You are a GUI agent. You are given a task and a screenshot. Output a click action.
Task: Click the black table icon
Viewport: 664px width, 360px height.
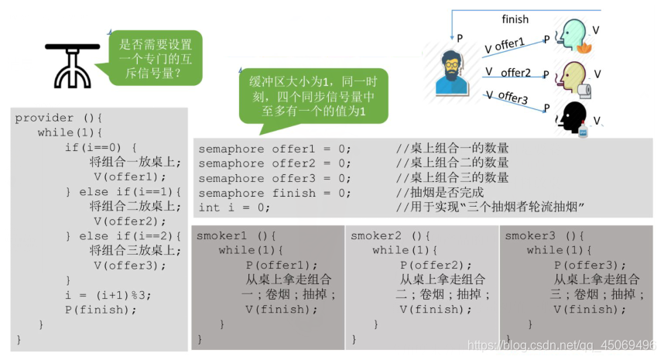click(x=72, y=61)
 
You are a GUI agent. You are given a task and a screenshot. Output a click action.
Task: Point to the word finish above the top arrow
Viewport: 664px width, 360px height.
click(x=515, y=19)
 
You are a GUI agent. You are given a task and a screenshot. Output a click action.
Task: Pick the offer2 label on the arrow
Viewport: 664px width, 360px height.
click(x=515, y=73)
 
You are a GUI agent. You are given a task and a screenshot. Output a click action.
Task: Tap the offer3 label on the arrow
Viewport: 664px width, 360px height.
click(x=512, y=98)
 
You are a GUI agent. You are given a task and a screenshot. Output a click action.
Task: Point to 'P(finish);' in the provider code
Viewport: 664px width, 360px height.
click(x=101, y=310)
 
